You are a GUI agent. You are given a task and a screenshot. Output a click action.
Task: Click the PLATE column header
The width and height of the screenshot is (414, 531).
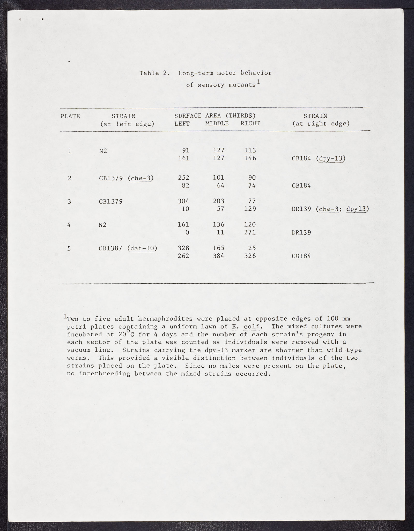tap(70, 116)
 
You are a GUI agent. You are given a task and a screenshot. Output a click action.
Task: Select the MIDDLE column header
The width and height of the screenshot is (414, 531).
tap(217, 124)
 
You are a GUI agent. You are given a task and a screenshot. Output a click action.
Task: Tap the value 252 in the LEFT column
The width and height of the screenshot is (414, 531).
tap(183, 178)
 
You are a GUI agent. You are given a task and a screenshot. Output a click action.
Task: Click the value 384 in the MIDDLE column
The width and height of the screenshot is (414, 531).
tap(218, 256)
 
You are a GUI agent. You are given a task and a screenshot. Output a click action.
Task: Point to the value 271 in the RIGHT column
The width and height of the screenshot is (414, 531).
tap(250, 232)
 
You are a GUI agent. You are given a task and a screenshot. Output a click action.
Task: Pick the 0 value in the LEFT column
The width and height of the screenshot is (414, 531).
tap(187, 232)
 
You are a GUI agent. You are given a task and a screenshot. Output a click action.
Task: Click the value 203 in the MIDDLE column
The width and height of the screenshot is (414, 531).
tap(218, 201)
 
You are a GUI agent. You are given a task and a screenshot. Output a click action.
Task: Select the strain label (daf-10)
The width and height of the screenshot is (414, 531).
tap(142, 248)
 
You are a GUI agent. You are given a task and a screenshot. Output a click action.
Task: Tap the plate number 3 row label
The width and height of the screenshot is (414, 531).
tap(69, 201)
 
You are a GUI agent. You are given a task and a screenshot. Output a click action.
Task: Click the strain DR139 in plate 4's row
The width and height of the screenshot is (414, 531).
tap(301, 232)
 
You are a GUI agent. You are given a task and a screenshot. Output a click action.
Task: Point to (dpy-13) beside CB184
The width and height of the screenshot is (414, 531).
tap(331, 158)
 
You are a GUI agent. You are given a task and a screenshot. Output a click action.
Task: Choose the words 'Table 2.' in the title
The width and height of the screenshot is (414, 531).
tap(155, 73)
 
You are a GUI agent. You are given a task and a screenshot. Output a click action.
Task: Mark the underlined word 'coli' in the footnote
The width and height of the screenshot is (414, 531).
tap(252, 327)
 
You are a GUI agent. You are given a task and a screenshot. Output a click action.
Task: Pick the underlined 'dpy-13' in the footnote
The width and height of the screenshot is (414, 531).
tap(216, 350)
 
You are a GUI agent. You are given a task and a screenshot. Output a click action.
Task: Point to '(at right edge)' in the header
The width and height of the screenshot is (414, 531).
tap(321, 124)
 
